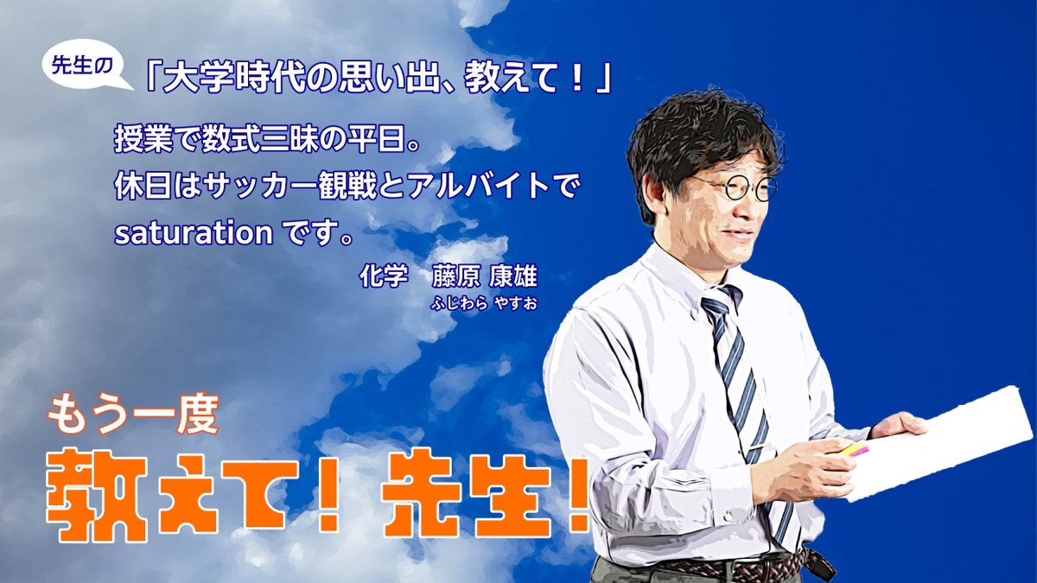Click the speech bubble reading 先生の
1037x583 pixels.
point(83,66)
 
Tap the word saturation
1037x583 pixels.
point(194,233)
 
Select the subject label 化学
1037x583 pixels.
point(384,276)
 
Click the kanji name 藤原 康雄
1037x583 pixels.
point(484,276)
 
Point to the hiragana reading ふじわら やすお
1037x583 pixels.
point(484,303)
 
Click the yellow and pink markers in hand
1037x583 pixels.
point(854,449)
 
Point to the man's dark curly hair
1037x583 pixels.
point(703,139)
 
